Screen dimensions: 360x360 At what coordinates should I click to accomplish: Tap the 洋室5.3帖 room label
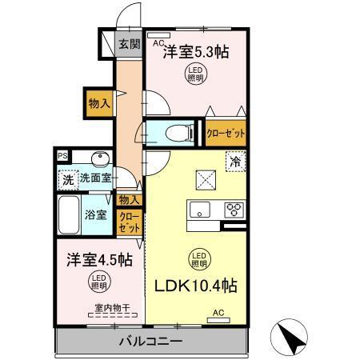[x=197, y=53]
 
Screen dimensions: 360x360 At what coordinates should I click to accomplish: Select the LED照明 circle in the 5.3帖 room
[x=196, y=75]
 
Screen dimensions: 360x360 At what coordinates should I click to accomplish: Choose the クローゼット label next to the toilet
[x=226, y=133]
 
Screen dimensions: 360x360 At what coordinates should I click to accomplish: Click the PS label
[x=62, y=156]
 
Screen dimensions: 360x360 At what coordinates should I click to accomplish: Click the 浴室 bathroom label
[x=96, y=214]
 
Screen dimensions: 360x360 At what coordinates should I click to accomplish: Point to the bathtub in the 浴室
[x=67, y=214]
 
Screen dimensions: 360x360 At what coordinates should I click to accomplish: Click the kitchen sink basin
[x=199, y=210]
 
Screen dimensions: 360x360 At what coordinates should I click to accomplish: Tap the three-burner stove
[x=234, y=210]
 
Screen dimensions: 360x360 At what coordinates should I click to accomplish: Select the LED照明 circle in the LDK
[x=199, y=258]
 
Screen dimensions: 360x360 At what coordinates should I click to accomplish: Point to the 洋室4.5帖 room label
[x=99, y=259]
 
